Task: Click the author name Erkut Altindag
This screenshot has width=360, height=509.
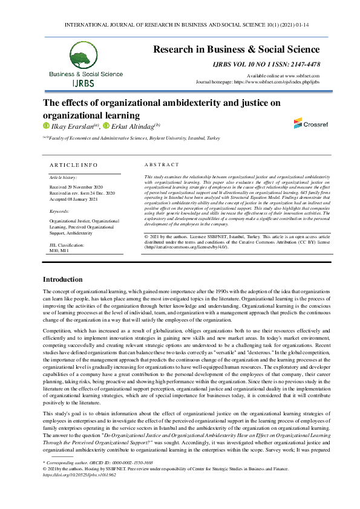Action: pyautogui.click(x=133, y=126)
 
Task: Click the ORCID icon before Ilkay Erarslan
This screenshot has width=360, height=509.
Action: pyautogui.click(x=45, y=126)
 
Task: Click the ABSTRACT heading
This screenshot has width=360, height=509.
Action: pyautogui.click(x=162, y=164)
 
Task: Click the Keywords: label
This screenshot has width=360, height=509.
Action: pyautogui.click(x=59, y=212)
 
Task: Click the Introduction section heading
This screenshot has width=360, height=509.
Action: pyautogui.click(x=62, y=279)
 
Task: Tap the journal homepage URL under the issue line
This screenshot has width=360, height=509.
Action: pyautogui.click(x=278, y=81)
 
